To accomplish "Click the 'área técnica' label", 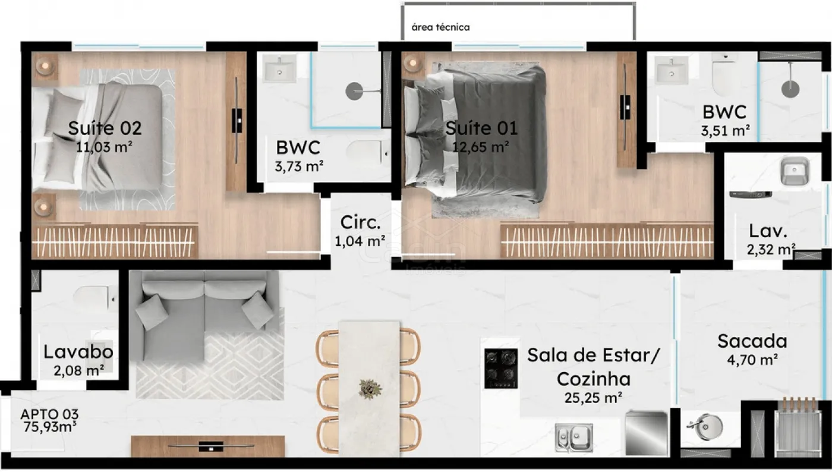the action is coord(440,27).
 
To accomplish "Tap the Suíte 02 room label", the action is coord(105,128).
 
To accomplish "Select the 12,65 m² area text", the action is coord(480,147).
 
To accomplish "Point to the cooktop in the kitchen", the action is coord(500,369).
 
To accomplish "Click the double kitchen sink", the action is coord(574,438).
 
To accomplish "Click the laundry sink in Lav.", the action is coord(795,171).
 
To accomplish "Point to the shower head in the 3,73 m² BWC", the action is coord(354,91).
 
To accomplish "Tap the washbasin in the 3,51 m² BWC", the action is coord(671,70).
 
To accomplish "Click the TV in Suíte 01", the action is coord(625,108).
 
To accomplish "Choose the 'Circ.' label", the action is coord(360,222).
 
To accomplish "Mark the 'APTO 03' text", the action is coord(49,414).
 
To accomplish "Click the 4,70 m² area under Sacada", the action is coord(752,360).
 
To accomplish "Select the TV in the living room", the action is coord(211,446).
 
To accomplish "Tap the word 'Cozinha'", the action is coord(594,379).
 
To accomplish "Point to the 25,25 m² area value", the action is coord(593,398).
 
